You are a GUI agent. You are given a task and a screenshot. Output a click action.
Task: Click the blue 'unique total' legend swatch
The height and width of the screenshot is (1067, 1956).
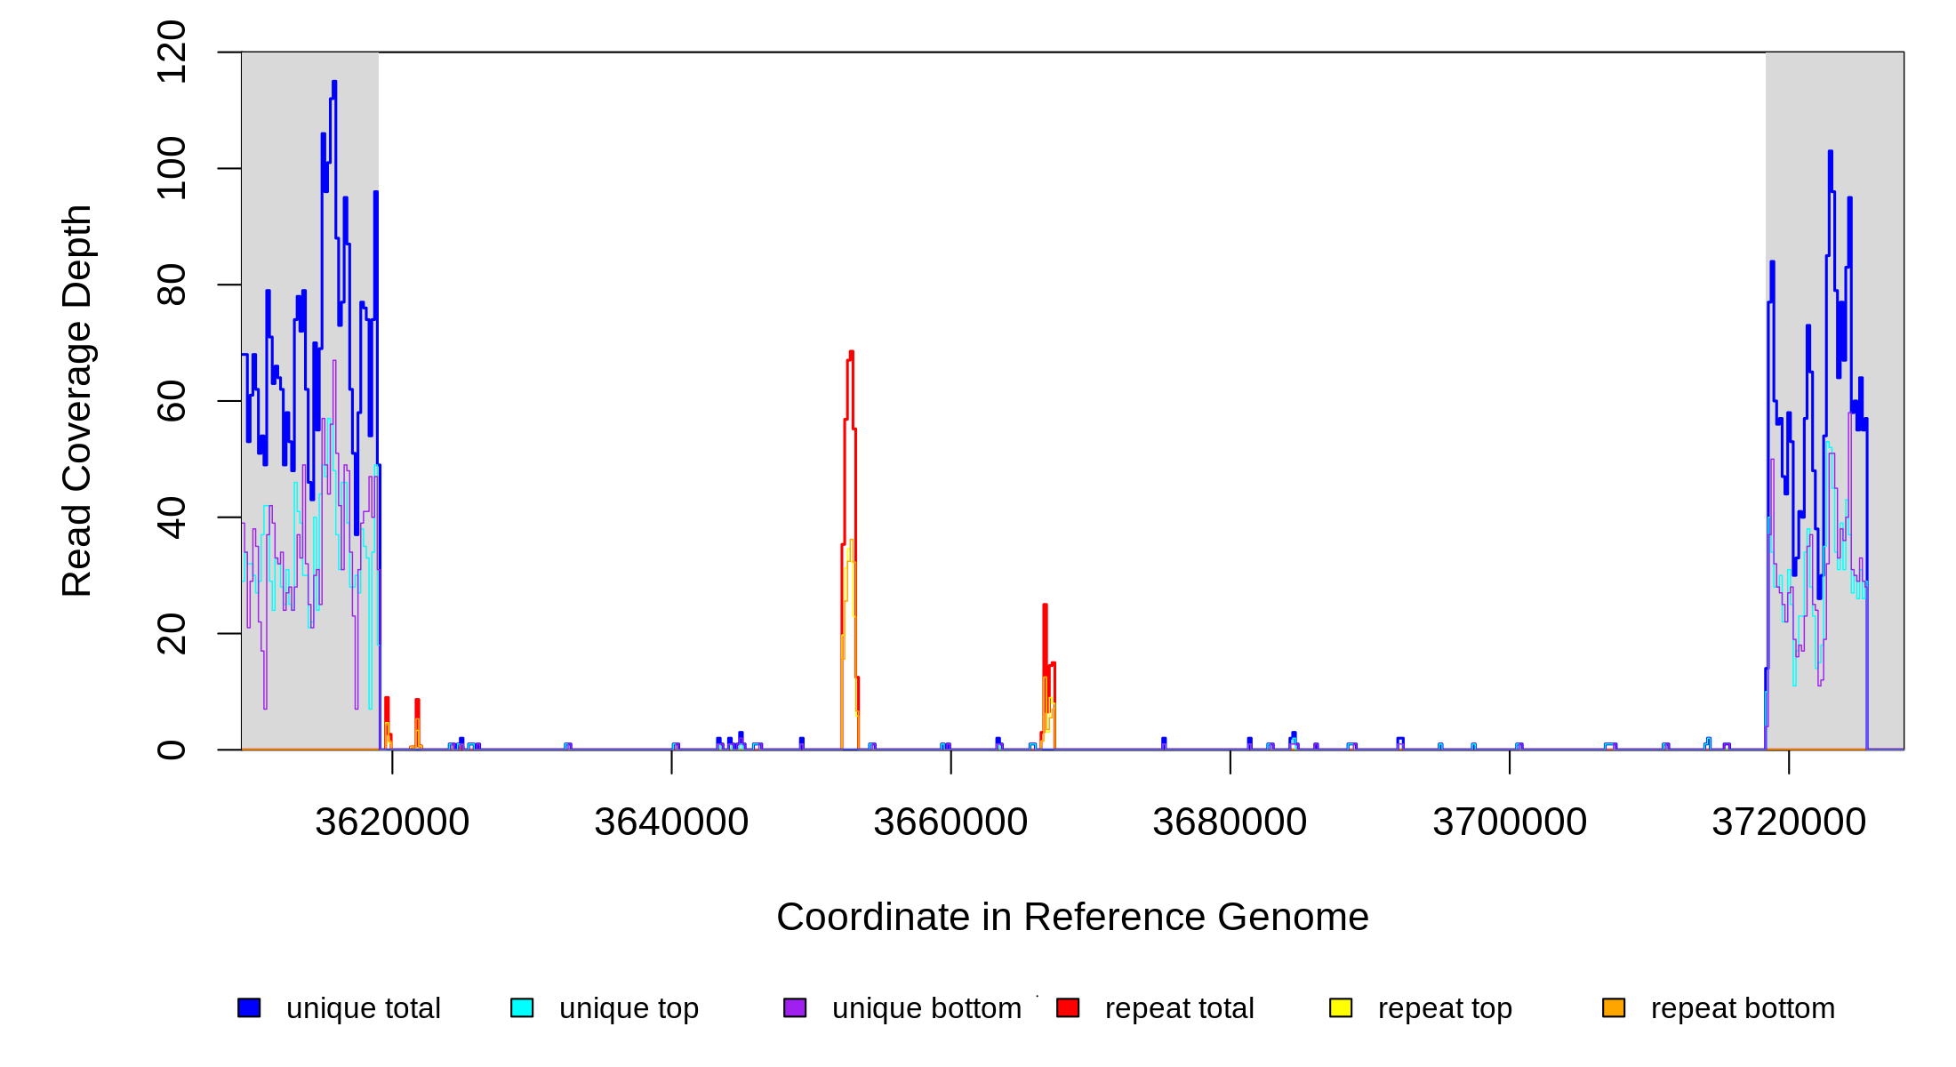249,1007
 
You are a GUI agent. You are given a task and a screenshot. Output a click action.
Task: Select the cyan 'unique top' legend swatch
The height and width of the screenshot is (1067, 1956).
522,1007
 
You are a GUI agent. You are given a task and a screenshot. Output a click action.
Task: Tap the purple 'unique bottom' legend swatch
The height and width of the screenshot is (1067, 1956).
795,1007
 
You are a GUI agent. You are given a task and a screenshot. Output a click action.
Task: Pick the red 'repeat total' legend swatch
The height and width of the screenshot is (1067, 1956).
1068,1007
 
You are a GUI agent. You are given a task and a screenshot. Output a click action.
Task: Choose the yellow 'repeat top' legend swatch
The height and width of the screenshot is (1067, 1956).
1341,1007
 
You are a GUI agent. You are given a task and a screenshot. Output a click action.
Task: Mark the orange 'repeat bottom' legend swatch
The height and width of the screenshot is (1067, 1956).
1614,1007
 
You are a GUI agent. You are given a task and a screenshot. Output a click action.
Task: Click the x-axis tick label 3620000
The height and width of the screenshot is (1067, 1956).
392,822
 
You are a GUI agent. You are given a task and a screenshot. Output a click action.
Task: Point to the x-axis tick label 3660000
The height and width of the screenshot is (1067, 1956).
950,822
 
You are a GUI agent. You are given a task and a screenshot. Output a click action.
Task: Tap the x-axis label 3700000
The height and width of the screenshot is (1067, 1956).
1510,822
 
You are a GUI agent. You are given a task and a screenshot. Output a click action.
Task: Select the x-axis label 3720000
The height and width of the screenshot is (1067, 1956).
1789,822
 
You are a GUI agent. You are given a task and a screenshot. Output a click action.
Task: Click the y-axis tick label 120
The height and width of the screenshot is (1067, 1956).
171,52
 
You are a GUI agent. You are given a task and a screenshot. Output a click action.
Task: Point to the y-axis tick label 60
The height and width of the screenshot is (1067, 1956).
171,401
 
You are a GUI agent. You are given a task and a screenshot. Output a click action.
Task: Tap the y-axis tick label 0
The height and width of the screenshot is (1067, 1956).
171,750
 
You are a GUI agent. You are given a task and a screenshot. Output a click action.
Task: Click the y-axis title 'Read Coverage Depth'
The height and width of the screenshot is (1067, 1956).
77,400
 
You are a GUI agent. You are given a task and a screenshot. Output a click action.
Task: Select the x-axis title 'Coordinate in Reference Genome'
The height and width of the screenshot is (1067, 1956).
1072,917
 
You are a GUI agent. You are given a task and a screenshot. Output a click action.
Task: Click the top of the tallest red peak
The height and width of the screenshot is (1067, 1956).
851,352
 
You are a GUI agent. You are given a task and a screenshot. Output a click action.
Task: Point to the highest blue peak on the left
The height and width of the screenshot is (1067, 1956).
334,82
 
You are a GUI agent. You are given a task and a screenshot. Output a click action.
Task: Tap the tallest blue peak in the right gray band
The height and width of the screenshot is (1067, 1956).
1831,152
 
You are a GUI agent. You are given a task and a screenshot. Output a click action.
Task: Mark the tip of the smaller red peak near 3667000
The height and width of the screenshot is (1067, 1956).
1045,606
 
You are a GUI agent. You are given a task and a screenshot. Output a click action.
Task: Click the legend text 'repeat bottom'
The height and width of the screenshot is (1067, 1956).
1743,1008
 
